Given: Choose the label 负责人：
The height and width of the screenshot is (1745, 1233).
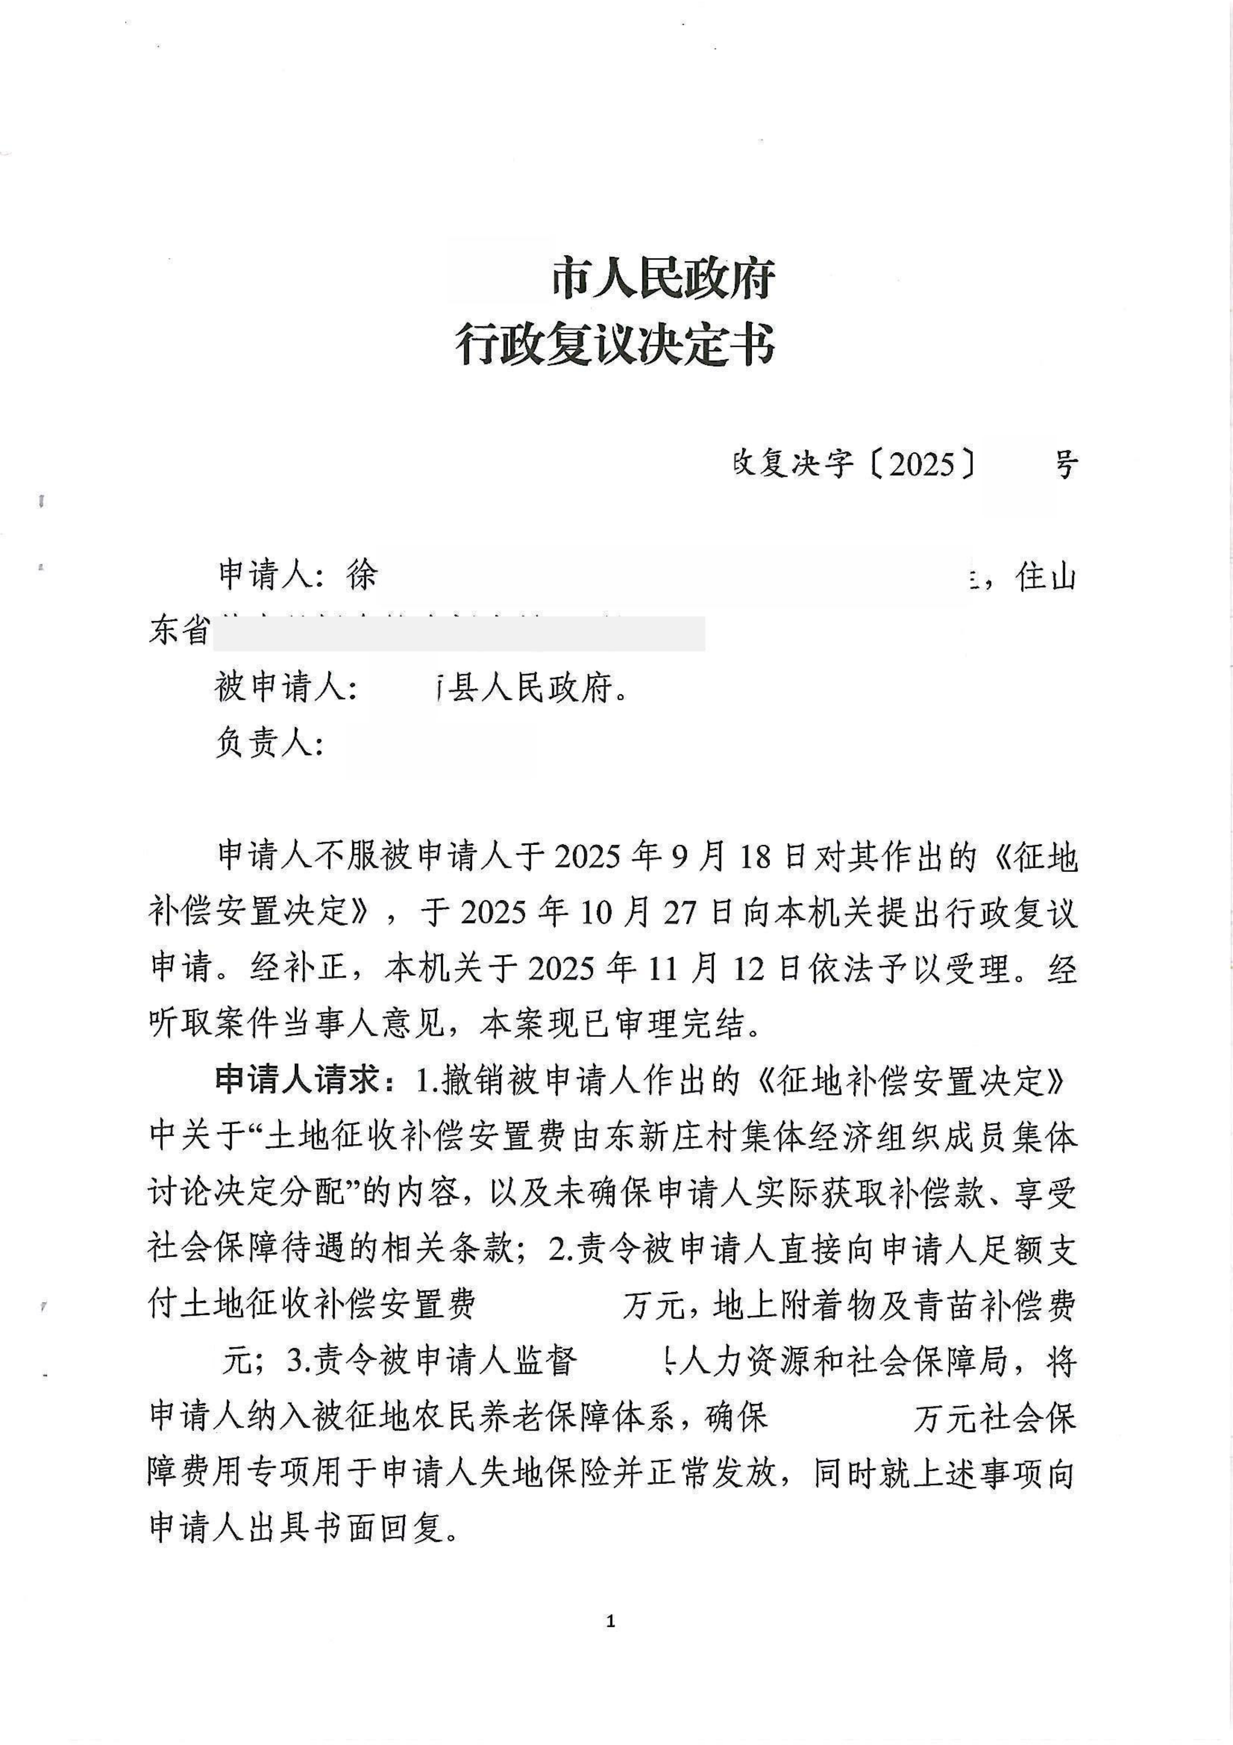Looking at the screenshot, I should tap(270, 743).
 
